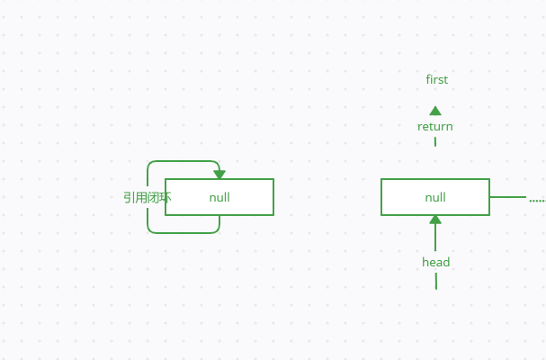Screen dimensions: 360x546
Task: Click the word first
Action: click(x=436, y=80)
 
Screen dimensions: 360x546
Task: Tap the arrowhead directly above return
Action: click(x=435, y=111)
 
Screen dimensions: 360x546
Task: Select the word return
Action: click(x=435, y=127)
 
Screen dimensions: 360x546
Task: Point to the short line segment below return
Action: click(x=435, y=141)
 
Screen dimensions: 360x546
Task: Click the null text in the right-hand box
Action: click(x=435, y=197)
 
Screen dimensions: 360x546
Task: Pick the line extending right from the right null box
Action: click(x=508, y=197)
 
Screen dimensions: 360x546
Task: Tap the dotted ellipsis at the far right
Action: click(x=537, y=200)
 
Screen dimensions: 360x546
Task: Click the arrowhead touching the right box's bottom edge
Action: click(x=435, y=220)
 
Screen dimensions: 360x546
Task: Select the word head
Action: click(x=436, y=263)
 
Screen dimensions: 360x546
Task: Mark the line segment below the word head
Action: click(x=436, y=281)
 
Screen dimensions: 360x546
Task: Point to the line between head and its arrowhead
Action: click(x=435, y=238)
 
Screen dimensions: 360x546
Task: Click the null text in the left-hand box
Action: click(x=219, y=197)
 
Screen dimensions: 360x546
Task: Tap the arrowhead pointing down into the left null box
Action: click(x=219, y=175)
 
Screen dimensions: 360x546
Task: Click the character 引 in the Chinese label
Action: click(x=130, y=197)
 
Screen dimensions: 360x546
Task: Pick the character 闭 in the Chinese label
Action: click(x=154, y=197)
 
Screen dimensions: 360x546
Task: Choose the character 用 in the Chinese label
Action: click(x=141, y=197)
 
